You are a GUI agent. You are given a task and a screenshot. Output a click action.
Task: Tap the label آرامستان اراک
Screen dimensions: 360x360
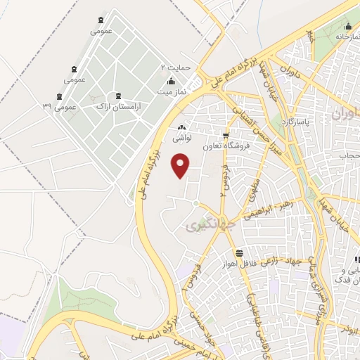pyautogui.click(x=117, y=106)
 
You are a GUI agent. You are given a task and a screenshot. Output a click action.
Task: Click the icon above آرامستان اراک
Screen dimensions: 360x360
pyautogui.click(x=117, y=95)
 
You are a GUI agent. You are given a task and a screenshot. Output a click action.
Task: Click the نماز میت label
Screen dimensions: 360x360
pyautogui.click(x=171, y=92)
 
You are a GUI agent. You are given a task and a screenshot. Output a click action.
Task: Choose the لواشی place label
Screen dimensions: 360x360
pyautogui.click(x=183, y=139)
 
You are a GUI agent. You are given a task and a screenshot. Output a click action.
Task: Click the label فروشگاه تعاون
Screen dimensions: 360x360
pyautogui.click(x=225, y=146)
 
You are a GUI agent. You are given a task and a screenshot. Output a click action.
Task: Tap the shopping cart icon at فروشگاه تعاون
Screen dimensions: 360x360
pyautogui.click(x=225, y=136)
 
